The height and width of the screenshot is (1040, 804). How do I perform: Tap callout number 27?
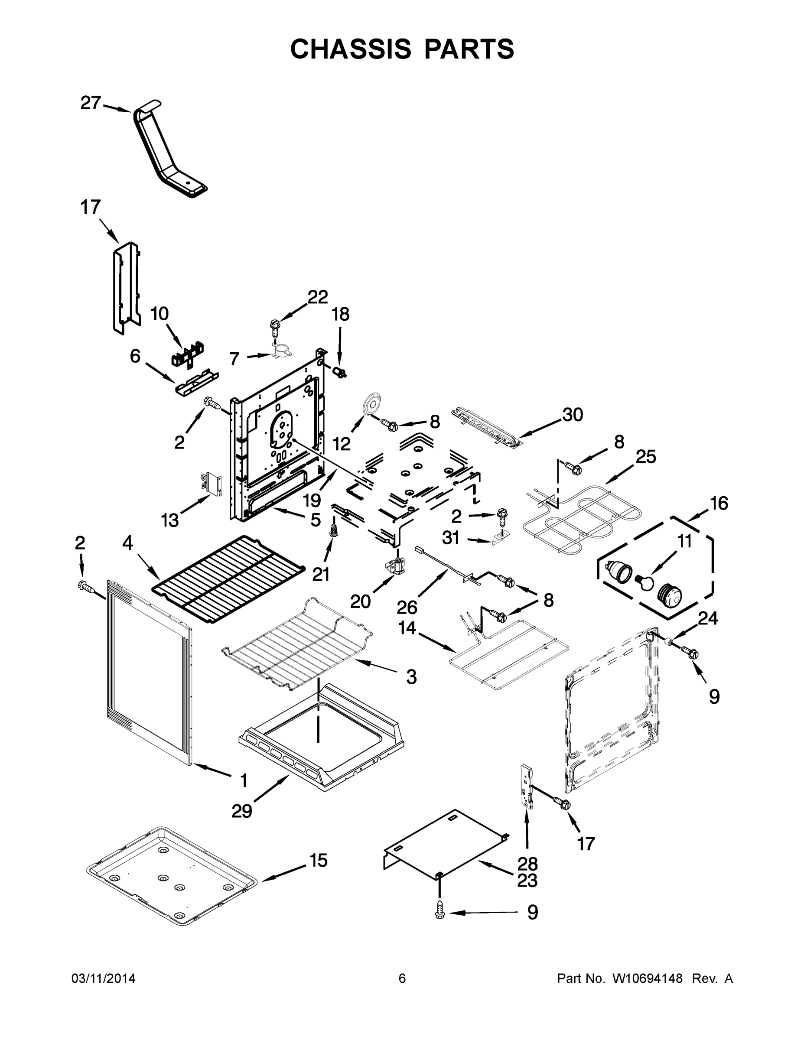click(x=91, y=103)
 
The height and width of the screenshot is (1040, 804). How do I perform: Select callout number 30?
click(x=573, y=415)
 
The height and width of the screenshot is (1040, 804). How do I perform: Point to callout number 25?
click(x=646, y=457)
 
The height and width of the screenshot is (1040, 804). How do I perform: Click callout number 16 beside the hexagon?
click(x=719, y=504)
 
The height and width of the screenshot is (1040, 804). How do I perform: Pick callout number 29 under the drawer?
click(x=241, y=811)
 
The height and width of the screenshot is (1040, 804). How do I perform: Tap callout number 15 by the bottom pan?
click(x=318, y=861)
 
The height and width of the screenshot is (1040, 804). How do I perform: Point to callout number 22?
click(x=318, y=297)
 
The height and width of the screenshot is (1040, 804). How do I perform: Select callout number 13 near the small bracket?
click(x=169, y=520)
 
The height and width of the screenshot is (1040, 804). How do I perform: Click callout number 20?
click(x=360, y=602)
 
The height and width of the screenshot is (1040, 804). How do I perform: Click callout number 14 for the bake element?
click(x=407, y=628)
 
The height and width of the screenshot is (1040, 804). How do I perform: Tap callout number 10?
click(x=159, y=314)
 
